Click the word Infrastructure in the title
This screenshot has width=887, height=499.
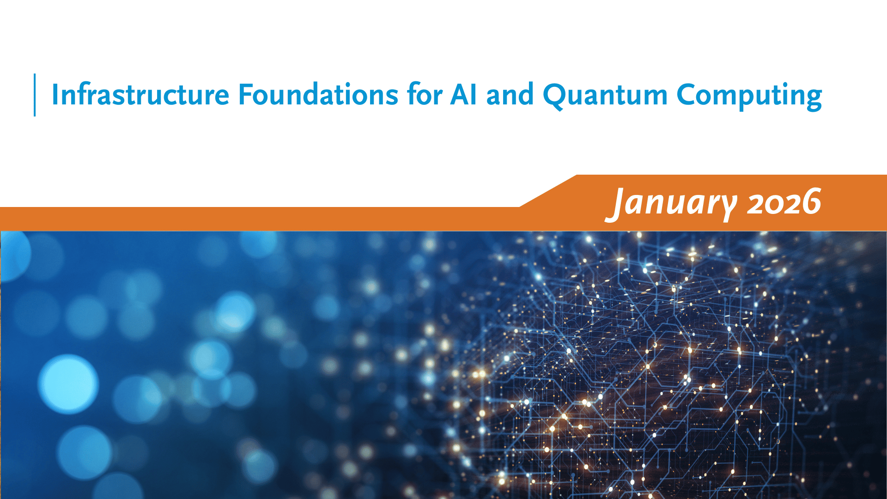point(140,95)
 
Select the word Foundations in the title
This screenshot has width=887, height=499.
point(318,95)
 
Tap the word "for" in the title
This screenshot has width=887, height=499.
point(425,95)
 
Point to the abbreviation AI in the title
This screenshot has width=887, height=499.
point(463,95)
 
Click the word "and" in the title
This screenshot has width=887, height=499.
point(510,95)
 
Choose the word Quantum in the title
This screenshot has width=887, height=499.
point(605,95)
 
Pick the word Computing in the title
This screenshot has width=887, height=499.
point(749,95)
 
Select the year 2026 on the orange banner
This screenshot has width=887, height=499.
point(784,202)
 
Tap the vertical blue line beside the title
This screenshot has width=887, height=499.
point(35,95)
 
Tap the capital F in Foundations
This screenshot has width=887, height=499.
point(245,95)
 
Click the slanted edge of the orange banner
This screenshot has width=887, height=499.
point(548,191)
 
